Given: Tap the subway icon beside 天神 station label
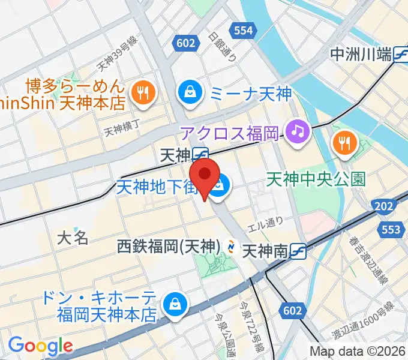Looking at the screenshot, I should tap(200, 155).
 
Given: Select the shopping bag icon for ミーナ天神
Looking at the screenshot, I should tap(190, 93).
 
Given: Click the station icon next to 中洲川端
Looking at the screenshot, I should tap(401, 55).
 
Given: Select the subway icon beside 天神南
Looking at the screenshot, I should tap(298, 251).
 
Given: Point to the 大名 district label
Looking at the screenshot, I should tap(73, 238).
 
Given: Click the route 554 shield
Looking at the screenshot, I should tap(244, 29).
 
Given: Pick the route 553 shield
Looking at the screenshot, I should tap(391, 229).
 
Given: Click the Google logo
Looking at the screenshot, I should tap(40, 346).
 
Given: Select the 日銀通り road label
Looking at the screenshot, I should tap(223, 46).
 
